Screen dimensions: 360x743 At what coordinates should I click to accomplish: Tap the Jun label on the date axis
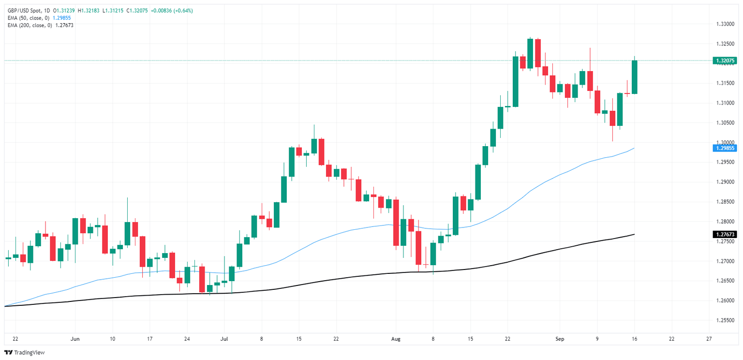point(74,339)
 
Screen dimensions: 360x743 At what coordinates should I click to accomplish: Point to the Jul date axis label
point(224,339)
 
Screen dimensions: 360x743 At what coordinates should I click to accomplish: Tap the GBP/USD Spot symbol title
point(24,11)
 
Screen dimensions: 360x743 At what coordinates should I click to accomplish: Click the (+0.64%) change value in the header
point(183,11)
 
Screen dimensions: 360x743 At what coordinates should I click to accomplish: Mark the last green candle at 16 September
point(634,77)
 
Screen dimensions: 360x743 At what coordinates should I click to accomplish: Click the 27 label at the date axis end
point(709,339)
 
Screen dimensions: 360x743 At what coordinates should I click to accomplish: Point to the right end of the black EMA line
point(634,234)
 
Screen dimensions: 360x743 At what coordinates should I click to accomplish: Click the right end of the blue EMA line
point(634,148)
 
